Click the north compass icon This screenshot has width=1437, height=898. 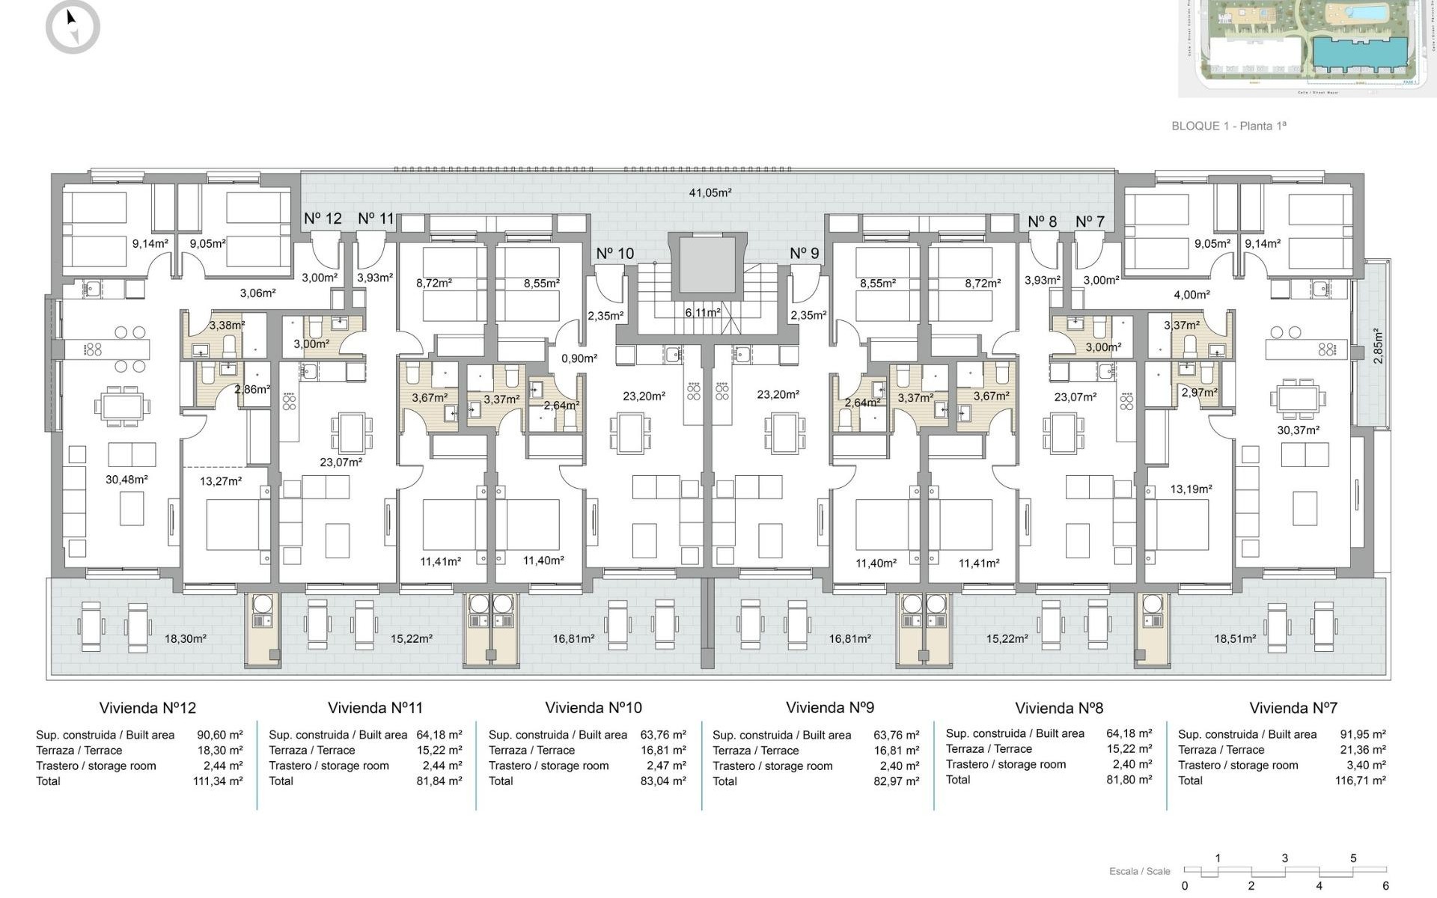(x=73, y=27)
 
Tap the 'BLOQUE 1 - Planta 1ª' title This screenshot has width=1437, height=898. (x=1228, y=126)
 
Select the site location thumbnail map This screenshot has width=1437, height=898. (x=1307, y=47)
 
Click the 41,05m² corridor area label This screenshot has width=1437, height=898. (x=710, y=192)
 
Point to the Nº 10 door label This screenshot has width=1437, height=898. (x=614, y=254)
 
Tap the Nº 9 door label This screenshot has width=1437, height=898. (x=805, y=254)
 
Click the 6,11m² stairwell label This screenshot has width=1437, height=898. (x=703, y=312)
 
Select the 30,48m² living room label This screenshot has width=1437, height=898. (x=126, y=480)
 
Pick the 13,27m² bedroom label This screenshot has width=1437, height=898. (x=221, y=481)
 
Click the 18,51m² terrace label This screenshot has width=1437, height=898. (x=1235, y=638)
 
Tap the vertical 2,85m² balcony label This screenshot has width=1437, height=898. (x=1378, y=346)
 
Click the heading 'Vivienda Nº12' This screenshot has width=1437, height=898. (x=147, y=708)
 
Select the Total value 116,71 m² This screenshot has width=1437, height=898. (x=1360, y=781)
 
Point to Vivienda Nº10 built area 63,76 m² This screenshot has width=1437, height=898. (x=662, y=735)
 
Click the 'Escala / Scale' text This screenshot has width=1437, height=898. (x=1139, y=871)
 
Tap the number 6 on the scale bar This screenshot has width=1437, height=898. (x=1385, y=885)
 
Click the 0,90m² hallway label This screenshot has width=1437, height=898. (x=579, y=358)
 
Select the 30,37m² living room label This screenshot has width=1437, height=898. (x=1298, y=430)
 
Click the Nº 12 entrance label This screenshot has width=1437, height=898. (x=323, y=219)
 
